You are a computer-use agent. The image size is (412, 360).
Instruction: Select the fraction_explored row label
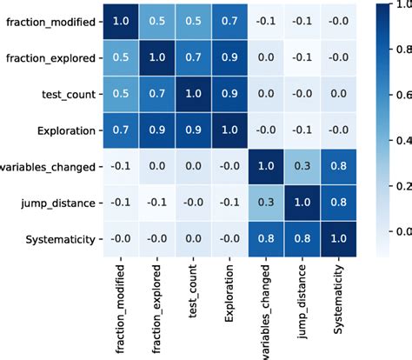pyautogui.click(x=50, y=58)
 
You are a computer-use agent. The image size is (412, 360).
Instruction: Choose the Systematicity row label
pyautogui.click(x=58, y=239)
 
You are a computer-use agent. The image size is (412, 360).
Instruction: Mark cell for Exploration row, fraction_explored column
pyautogui.click(x=157, y=130)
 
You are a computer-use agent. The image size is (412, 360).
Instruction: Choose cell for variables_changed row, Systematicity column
pyautogui.click(x=339, y=166)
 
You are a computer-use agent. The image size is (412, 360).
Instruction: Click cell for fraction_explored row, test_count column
pyautogui.click(x=194, y=58)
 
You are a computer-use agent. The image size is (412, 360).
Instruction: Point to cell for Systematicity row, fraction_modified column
pyautogui.click(x=122, y=239)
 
